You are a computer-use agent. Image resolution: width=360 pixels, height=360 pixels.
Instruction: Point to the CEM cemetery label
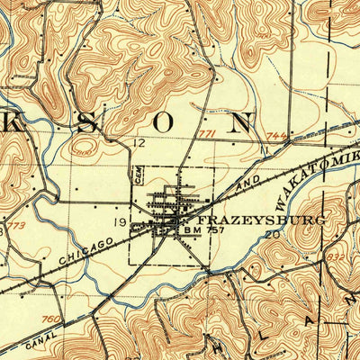click(139, 171)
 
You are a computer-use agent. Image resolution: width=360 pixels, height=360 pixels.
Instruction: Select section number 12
click(139, 143)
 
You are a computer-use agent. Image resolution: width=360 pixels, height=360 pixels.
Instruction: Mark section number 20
click(274, 234)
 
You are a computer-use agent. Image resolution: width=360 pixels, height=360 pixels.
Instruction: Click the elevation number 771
click(208, 135)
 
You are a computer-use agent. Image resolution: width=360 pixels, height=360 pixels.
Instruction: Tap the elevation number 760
click(52, 318)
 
